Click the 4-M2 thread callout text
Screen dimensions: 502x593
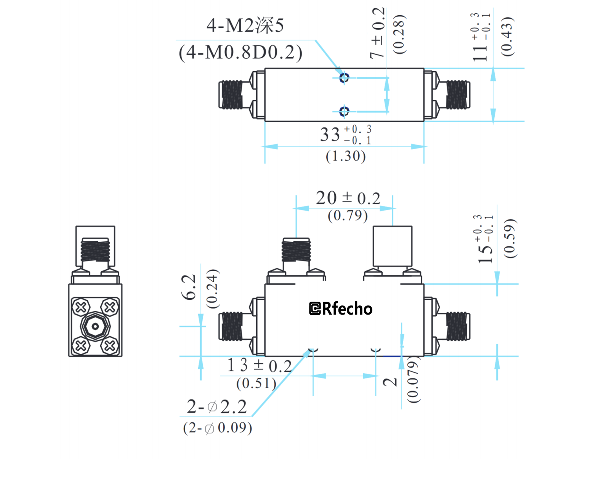245,26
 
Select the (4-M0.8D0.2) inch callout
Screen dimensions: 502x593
240,52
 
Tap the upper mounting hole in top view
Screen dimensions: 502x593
344,78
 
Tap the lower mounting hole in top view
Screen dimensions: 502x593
344,111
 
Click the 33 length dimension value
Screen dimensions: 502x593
330,134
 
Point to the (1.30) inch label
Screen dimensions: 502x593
346,156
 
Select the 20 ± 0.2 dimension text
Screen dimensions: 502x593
348,198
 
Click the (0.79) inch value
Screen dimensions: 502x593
348,216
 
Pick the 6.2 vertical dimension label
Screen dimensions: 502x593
189,287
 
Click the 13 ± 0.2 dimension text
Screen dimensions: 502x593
260,365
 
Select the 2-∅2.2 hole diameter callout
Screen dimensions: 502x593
216,407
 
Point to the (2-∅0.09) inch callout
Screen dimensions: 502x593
217,428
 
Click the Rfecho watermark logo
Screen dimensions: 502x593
341,309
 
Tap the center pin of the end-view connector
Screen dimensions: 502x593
95,326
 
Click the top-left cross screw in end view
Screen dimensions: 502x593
81,307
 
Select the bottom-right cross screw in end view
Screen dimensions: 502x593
110,346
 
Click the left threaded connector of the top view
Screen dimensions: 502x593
231,94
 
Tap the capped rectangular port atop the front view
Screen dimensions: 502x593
392,246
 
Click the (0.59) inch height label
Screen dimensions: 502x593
509,238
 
